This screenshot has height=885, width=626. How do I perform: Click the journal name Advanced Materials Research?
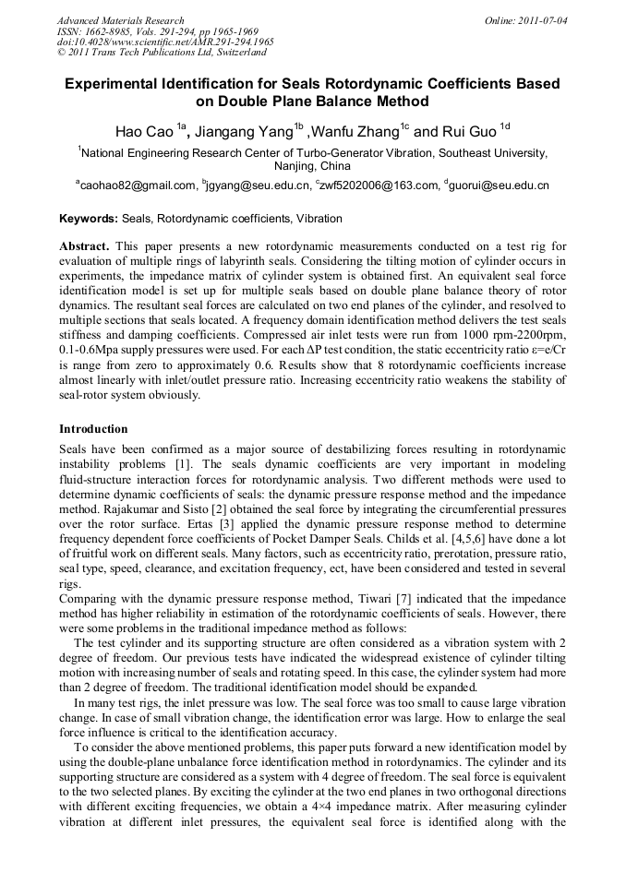(x=120, y=20)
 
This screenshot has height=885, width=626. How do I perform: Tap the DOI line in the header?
(x=165, y=42)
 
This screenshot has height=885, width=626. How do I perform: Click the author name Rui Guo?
(x=468, y=131)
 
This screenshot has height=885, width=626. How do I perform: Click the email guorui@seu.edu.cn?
(x=500, y=185)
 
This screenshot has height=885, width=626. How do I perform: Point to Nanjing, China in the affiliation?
(x=312, y=166)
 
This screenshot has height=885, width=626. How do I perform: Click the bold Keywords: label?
(x=89, y=219)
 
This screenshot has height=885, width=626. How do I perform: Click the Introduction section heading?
(x=93, y=429)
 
